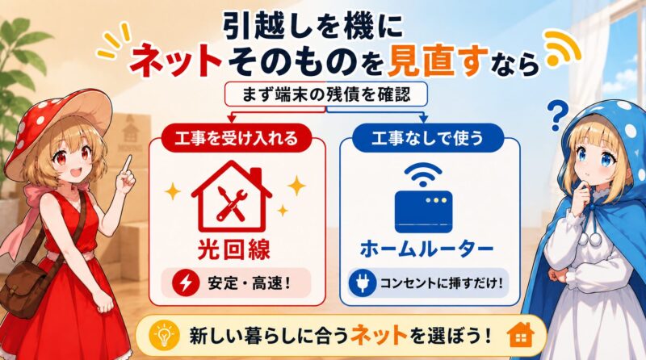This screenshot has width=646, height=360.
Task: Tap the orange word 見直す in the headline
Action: pyautogui.click(x=438, y=62)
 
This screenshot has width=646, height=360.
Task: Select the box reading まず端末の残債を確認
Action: pyautogui.click(x=326, y=94)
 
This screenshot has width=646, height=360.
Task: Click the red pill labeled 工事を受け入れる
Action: pyautogui.click(x=236, y=137)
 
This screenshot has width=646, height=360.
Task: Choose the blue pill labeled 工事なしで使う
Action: pyautogui.click(x=428, y=137)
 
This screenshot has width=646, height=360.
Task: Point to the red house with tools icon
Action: pyautogui.click(x=232, y=197)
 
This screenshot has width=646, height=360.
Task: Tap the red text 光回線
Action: pyautogui.click(x=233, y=249)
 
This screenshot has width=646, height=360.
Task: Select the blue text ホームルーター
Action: pyautogui.click(x=427, y=249)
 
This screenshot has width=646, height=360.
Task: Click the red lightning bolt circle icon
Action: pyautogui.click(x=186, y=283)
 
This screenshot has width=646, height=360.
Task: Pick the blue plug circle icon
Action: pyautogui.click(x=362, y=283)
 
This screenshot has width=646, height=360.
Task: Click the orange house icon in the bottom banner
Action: pyautogui.click(x=521, y=335)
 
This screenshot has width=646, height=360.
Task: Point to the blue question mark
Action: pyautogui.click(x=557, y=115)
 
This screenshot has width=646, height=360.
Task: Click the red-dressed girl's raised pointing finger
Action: pyautogui.click(x=128, y=164)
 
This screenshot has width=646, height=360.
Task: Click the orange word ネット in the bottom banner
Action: pyautogui.click(x=379, y=335)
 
